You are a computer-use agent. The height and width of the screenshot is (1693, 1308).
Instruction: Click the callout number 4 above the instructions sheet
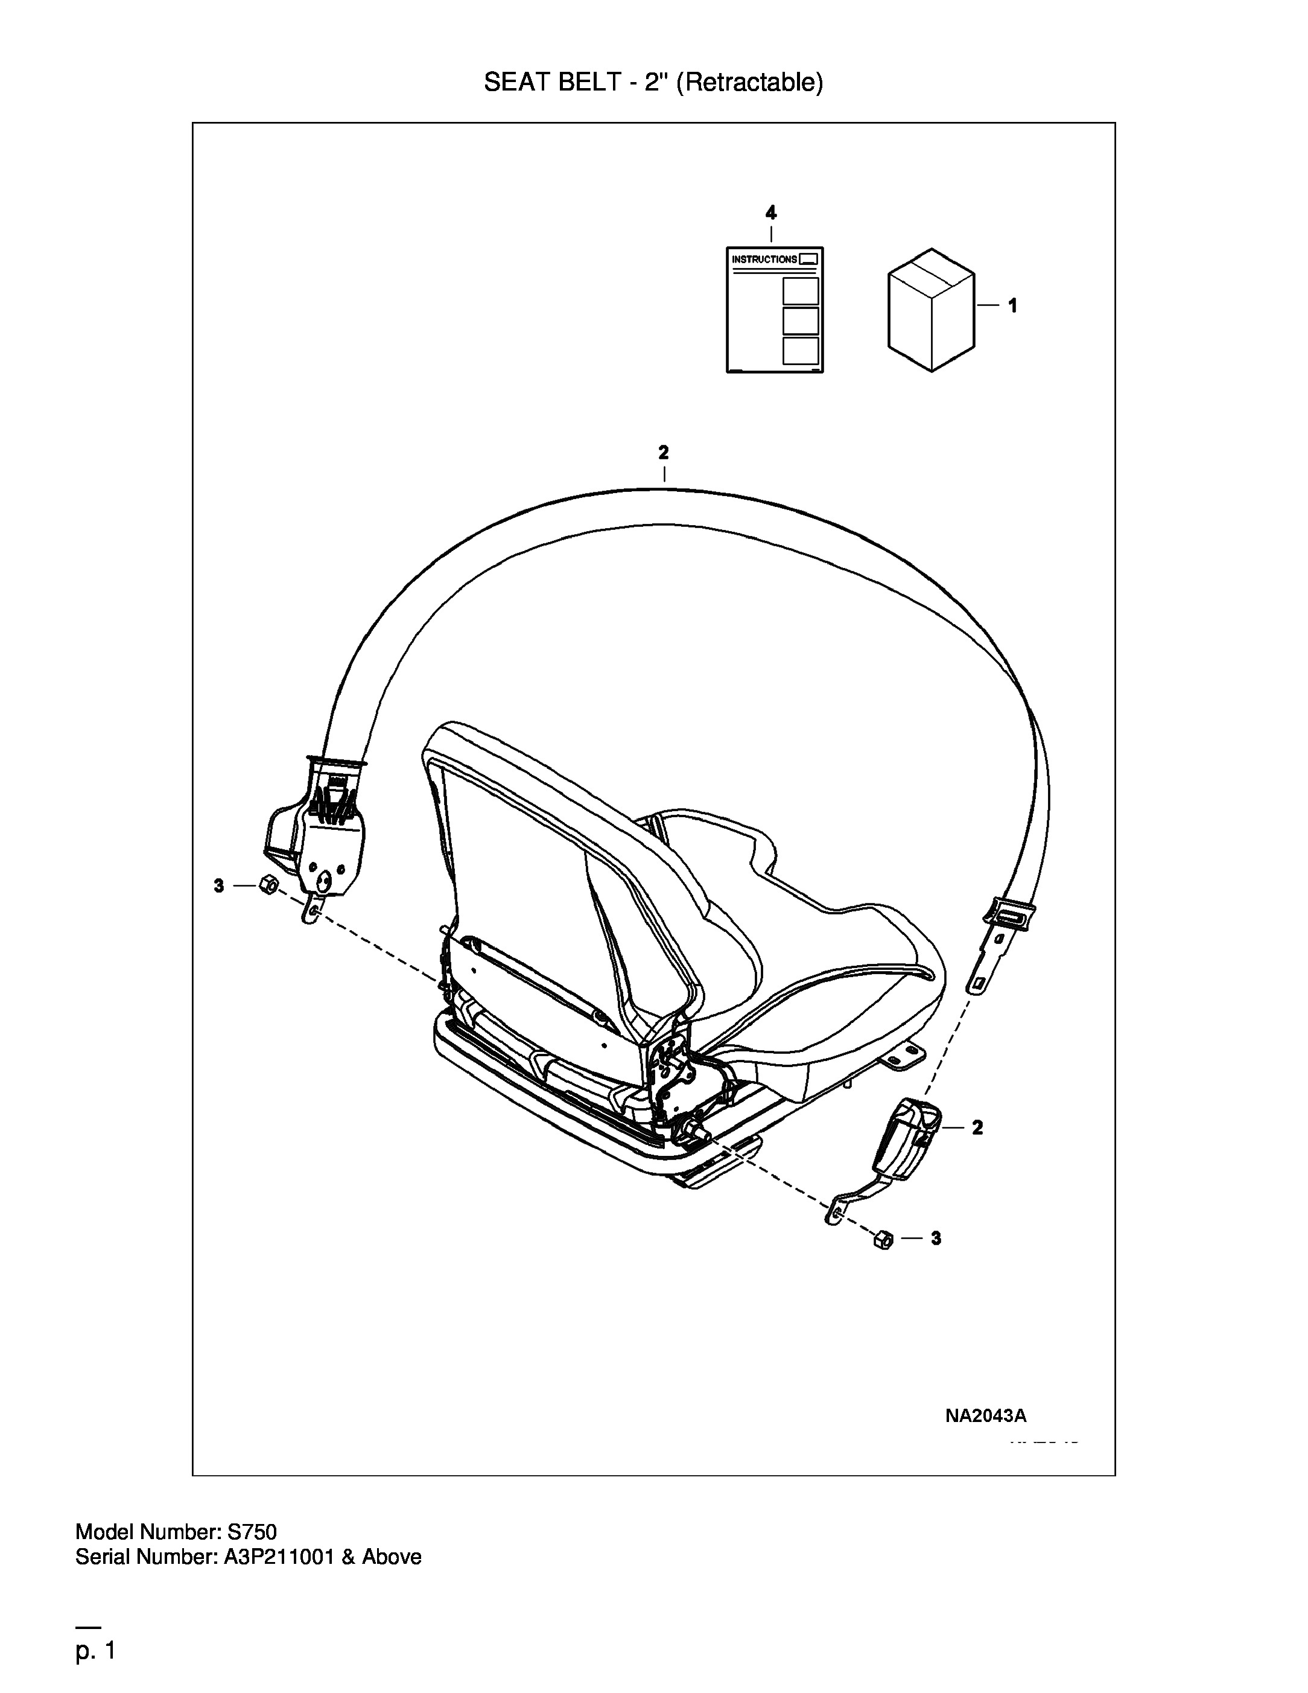tap(770, 212)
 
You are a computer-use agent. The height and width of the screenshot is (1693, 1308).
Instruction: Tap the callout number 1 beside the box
tap(1012, 306)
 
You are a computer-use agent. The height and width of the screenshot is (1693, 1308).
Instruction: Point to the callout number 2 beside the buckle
tap(977, 1128)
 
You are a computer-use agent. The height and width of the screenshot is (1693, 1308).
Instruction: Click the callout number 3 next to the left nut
tap(218, 885)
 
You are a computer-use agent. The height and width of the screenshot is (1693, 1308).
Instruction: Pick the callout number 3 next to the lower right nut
tap(936, 1239)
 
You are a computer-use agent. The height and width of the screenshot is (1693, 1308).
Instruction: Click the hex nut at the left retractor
tap(268, 884)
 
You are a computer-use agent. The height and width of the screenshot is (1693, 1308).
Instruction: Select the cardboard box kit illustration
tap(931, 309)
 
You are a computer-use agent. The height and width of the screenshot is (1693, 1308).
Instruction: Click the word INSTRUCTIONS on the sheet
tap(764, 260)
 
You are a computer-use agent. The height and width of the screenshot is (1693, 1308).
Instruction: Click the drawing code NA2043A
tap(986, 1416)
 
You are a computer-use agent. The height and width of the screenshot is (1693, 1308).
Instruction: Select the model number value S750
tap(251, 1532)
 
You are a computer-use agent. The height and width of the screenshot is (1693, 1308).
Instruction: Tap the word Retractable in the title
tap(750, 82)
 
